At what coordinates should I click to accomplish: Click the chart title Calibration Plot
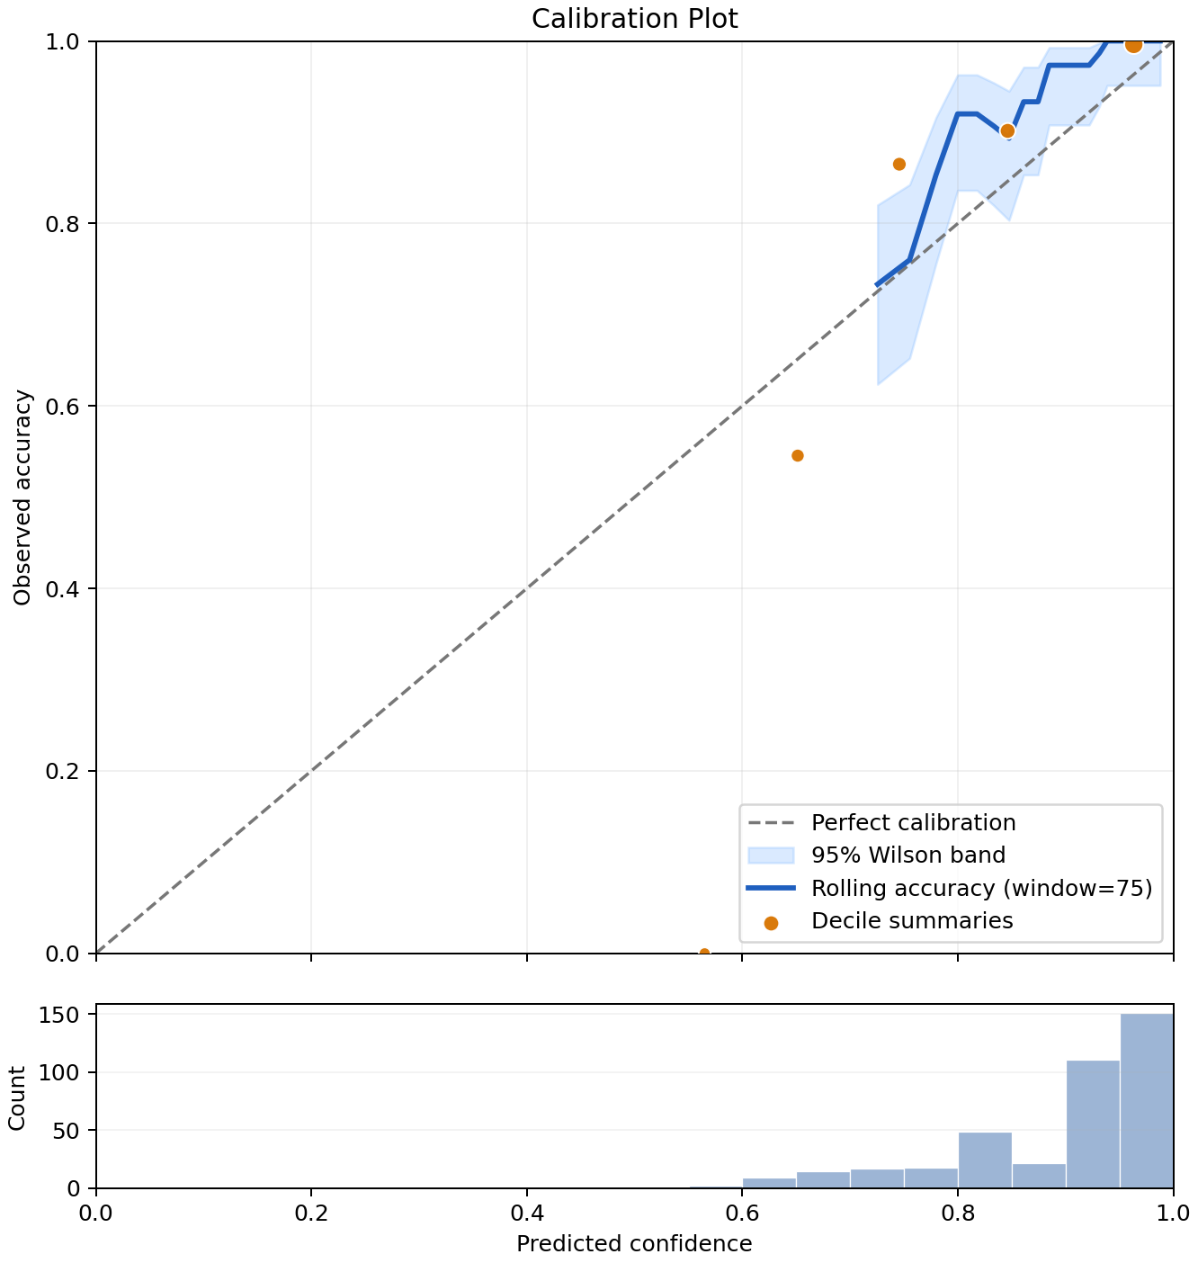[634, 19]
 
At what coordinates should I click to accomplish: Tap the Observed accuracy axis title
[22, 497]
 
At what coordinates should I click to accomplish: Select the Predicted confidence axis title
[634, 1243]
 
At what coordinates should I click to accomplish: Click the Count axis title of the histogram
[17, 1097]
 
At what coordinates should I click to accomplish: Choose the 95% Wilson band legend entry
[876, 855]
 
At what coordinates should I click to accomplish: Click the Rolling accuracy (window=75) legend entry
[950, 888]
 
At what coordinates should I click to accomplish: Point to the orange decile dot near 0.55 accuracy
[797, 455]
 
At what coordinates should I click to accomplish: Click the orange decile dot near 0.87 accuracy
[899, 164]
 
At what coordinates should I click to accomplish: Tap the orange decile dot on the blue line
[1007, 131]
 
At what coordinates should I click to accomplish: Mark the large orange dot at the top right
[1133, 45]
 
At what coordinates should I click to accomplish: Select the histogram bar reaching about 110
[1093, 1124]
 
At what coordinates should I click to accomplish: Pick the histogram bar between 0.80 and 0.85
[985, 1160]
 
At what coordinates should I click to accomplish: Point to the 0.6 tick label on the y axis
[62, 406]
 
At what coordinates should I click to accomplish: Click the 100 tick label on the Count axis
[58, 1072]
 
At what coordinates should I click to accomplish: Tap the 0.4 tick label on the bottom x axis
[527, 1213]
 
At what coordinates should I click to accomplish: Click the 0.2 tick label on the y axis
[62, 771]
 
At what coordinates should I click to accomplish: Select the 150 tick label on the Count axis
[58, 1015]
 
